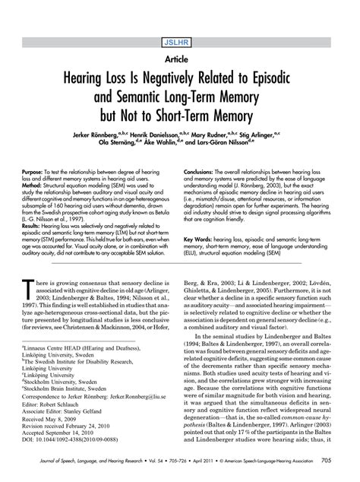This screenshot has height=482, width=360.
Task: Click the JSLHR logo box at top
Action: [180, 17]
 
